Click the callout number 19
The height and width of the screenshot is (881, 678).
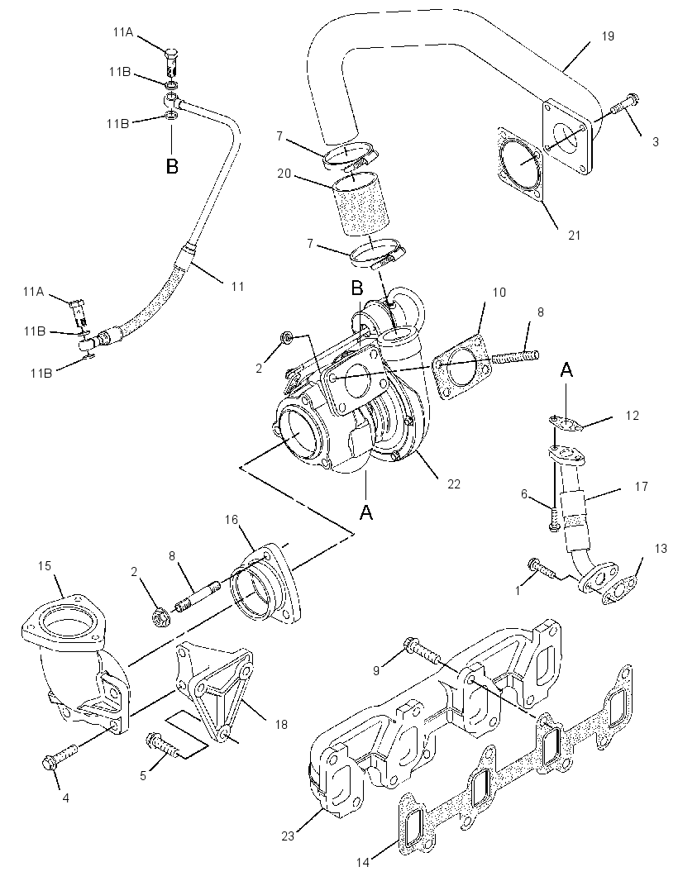[x=607, y=36]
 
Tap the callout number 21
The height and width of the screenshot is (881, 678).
[x=574, y=235]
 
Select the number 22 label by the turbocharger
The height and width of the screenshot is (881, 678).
[x=453, y=483]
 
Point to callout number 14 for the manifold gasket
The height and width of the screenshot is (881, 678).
[x=363, y=862]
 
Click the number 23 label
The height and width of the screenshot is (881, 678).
[x=288, y=836]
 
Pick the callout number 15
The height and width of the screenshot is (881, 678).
[x=45, y=566]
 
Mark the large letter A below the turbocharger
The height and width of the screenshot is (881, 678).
[x=366, y=512]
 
